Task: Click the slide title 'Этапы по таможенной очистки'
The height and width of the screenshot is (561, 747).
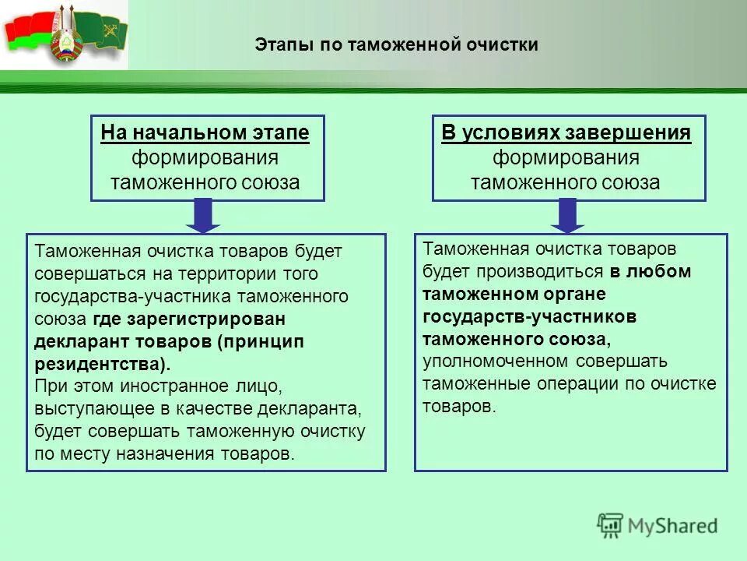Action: (396, 45)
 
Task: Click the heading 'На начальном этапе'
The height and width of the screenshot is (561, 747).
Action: (205, 133)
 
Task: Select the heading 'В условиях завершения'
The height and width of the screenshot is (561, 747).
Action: (566, 133)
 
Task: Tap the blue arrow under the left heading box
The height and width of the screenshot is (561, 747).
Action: (204, 216)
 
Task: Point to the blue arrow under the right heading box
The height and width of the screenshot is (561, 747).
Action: (568, 216)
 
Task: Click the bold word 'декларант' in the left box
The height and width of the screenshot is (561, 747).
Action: (79, 341)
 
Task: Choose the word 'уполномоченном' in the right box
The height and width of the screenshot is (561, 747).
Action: (494, 362)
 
